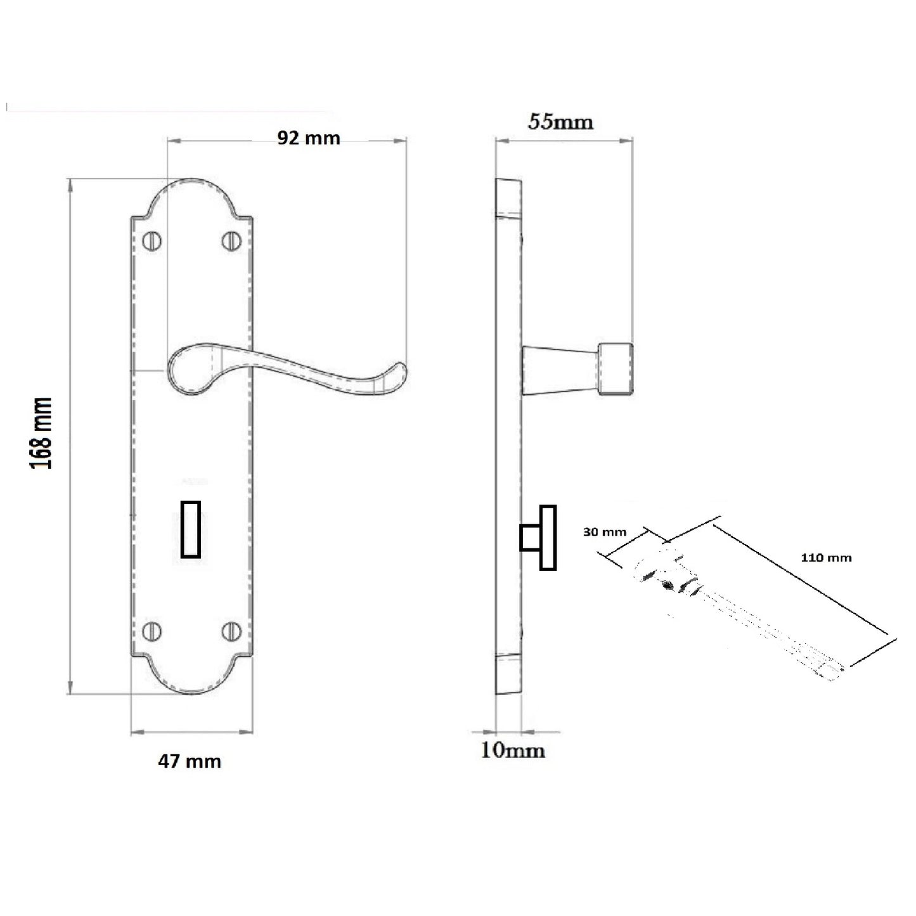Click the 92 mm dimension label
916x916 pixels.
(309, 138)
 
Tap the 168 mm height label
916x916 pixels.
(42, 433)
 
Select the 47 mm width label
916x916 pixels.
(190, 761)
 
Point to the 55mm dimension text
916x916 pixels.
(561, 121)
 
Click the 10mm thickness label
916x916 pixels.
(513, 751)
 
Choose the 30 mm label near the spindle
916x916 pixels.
(604, 532)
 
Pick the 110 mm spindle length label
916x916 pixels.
(826, 558)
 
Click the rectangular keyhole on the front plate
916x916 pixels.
(191, 529)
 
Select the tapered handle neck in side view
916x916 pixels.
(558, 370)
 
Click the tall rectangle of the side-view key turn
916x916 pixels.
(548, 538)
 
